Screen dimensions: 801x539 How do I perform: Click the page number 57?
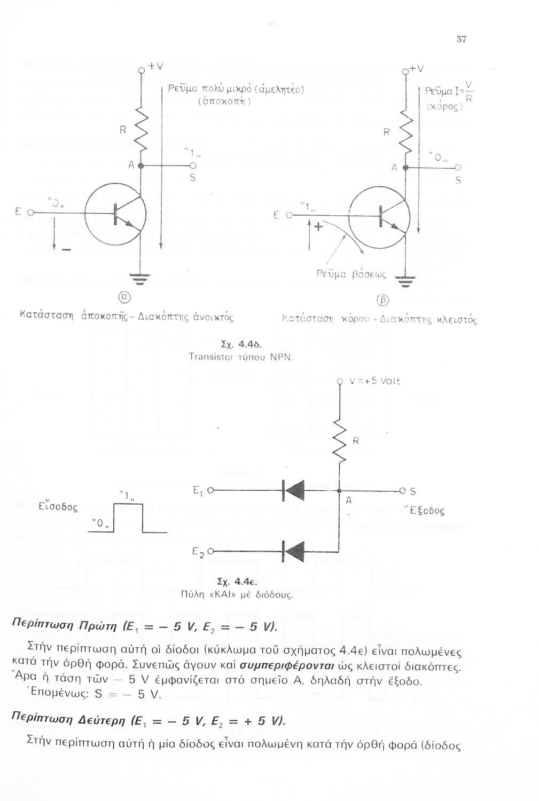pos(462,39)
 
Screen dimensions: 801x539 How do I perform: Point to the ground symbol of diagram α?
pos(140,277)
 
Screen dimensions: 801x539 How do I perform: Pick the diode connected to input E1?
pos(292,489)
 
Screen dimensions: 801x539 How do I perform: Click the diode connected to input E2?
pos(292,551)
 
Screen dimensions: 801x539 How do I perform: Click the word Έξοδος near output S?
pos(426,511)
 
